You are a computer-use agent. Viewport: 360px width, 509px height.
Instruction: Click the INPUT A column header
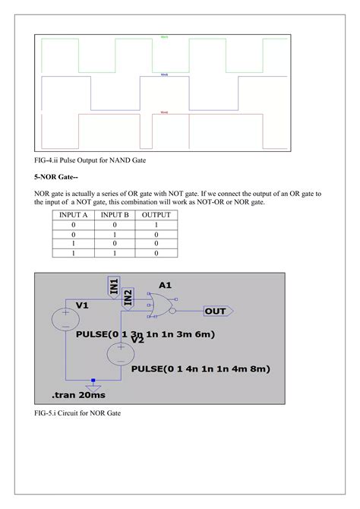(74, 215)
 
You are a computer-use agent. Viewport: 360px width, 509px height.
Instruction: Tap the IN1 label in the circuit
(114, 286)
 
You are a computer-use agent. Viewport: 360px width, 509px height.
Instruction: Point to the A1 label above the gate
(166, 286)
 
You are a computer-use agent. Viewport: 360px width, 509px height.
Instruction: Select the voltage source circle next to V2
(121, 353)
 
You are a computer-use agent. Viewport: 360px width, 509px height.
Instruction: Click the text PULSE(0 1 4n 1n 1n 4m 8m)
(201, 368)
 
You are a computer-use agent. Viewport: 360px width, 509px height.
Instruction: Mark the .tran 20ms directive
(79, 396)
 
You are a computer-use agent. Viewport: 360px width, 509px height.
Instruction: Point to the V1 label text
(83, 305)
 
